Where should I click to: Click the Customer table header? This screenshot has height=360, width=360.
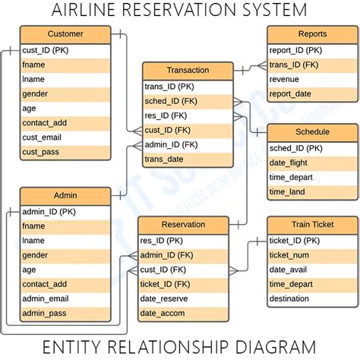pyautogui.click(x=65, y=34)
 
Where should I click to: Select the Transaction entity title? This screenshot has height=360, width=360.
pyautogui.click(x=188, y=71)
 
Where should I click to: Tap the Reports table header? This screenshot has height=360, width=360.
pyautogui.click(x=312, y=34)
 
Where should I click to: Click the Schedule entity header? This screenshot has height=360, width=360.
pyautogui.click(x=312, y=132)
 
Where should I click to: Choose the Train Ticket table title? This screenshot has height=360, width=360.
pyautogui.click(x=312, y=225)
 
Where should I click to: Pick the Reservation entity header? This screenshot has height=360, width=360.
pyautogui.click(x=183, y=225)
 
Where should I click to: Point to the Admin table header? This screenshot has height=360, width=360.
pyautogui.click(x=65, y=195)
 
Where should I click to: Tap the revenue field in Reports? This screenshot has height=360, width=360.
pyautogui.click(x=285, y=80)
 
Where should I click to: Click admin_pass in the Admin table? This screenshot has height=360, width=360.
pyautogui.click(x=44, y=313)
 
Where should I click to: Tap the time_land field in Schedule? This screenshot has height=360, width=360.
pyautogui.click(x=287, y=191)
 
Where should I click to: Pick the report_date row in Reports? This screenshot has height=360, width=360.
pyautogui.click(x=290, y=94)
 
